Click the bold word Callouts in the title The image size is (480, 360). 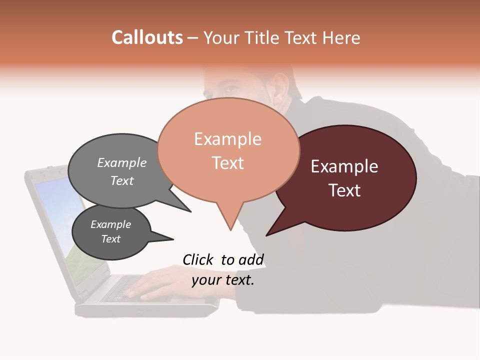[x=147, y=37]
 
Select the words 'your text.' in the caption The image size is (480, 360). [x=223, y=280]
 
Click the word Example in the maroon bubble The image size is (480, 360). [x=344, y=166]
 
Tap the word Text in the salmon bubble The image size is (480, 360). [x=228, y=162]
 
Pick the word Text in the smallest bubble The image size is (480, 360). [x=110, y=239]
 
